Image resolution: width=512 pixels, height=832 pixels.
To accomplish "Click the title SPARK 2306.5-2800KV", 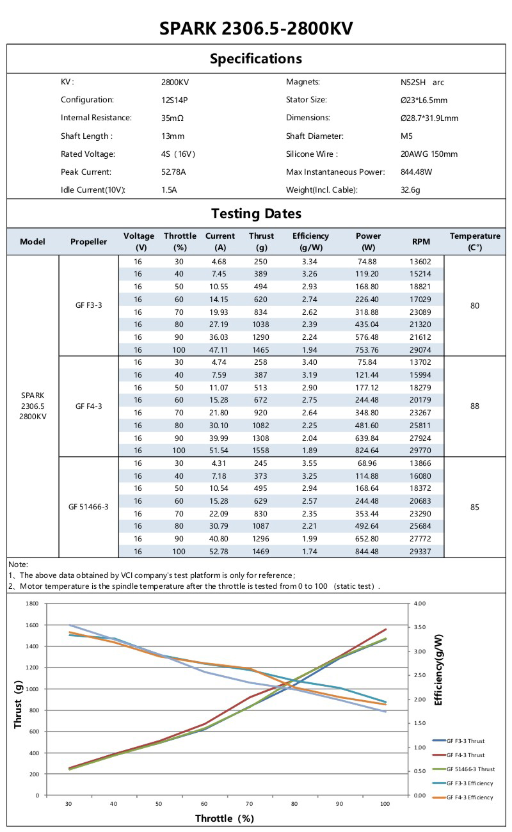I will (x=256, y=29).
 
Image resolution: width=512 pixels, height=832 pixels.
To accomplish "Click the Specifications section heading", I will (x=256, y=59).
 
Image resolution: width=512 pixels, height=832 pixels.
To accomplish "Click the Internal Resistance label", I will (x=96, y=118).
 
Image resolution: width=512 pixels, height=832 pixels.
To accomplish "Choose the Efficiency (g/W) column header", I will (x=310, y=241).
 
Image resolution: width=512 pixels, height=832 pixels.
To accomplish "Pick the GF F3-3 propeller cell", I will (x=88, y=305).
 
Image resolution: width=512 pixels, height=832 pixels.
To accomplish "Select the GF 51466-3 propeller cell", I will (x=88, y=507).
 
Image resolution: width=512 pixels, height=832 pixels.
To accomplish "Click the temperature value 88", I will (x=474, y=406).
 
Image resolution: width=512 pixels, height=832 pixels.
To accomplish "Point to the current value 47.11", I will (x=220, y=349).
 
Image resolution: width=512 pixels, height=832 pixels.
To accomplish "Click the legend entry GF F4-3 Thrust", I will (x=465, y=755).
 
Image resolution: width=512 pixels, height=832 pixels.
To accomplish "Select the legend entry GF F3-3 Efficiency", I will (x=470, y=783).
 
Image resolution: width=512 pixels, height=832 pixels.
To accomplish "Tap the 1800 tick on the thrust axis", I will (x=33, y=604).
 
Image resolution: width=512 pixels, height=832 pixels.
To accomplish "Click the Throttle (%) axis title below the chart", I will (x=225, y=818).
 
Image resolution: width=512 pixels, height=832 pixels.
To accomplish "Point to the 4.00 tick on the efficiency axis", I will (x=420, y=604).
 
